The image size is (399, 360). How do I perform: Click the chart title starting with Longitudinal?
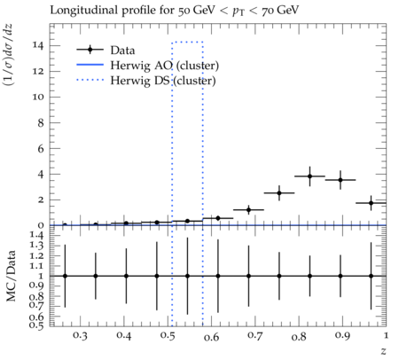tap(175, 11)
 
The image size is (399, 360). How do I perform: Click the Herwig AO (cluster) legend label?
tap(165, 66)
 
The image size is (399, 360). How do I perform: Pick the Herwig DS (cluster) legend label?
tap(163, 81)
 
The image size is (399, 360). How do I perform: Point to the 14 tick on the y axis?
tap(38, 46)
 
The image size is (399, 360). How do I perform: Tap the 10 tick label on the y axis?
tap(38, 98)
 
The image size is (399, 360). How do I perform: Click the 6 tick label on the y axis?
tap(41, 149)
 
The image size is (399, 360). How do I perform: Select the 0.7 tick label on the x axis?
tap(255, 336)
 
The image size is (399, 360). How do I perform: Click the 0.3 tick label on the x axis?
tap(80, 336)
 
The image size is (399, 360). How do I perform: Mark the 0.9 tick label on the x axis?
tap(342, 336)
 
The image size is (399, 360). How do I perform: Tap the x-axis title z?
tap(383, 351)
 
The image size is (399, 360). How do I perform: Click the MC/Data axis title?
tap(11, 276)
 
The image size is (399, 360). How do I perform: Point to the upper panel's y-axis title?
tap(8, 55)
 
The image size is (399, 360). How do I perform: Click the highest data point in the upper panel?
tap(309, 176)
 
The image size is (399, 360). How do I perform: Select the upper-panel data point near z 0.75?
tap(279, 193)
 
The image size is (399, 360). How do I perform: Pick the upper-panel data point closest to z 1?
tap(371, 203)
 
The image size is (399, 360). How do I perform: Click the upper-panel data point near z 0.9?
tap(340, 180)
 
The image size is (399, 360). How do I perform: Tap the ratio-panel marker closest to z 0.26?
tap(65, 276)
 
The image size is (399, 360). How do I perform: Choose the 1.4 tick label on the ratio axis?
tap(36, 236)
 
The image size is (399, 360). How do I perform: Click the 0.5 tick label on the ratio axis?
tap(36, 325)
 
